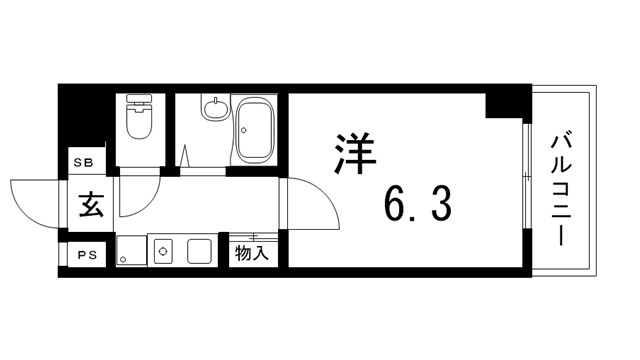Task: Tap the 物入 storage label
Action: pyautogui.click(x=250, y=254)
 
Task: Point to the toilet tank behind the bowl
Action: pyautogui.click(x=137, y=104)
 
